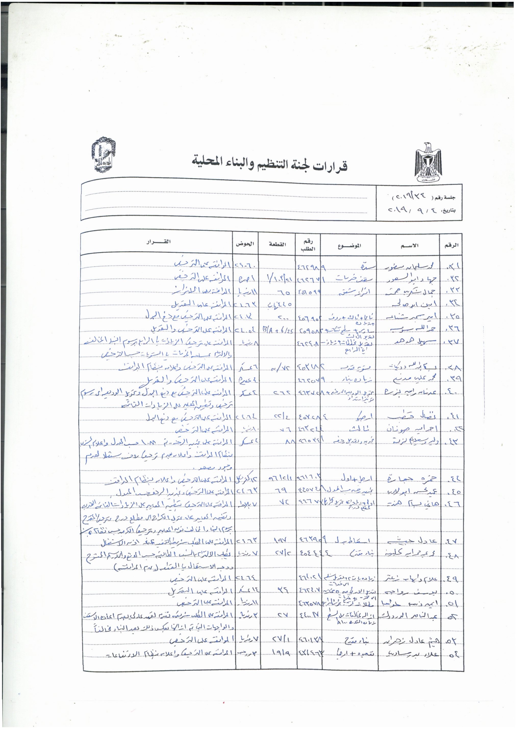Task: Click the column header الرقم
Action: [x=450, y=245]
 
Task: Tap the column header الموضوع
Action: [x=349, y=245]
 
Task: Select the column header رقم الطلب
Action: [x=308, y=245]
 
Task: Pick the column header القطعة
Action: [x=277, y=244]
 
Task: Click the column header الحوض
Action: [x=245, y=244]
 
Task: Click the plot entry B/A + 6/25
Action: [x=277, y=328]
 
